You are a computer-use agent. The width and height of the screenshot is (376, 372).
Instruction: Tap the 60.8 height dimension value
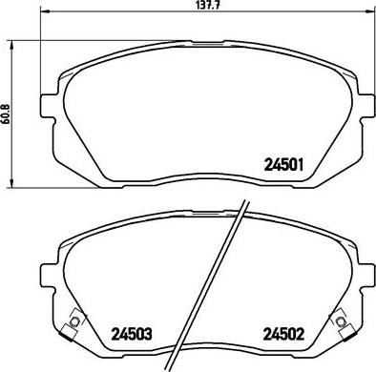click(x=5, y=112)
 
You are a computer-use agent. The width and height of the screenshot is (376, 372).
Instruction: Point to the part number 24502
click(x=282, y=335)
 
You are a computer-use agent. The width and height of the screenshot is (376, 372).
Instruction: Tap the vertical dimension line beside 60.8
click(x=11, y=143)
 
